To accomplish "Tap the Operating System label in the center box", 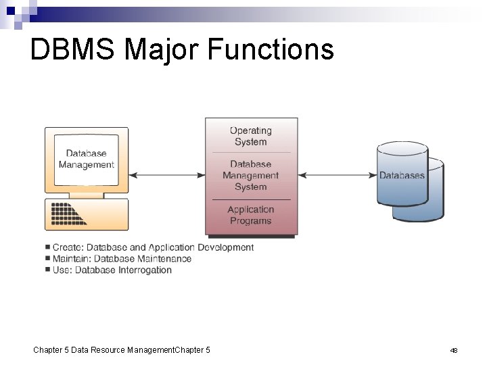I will click(x=250, y=136).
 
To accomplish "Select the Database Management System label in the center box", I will click(x=250, y=175).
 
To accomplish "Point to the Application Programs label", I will click(x=250, y=215).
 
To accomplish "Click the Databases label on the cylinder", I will click(x=402, y=175).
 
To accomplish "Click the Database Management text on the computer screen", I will click(x=87, y=160).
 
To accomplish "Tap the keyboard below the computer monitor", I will click(x=70, y=214).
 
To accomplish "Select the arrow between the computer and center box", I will click(x=166, y=175).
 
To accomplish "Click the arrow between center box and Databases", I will click(x=337, y=175).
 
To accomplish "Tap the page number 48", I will click(x=454, y=350).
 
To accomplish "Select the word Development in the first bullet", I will click(x=225, y=247).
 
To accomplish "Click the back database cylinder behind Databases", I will click(x=433, y=203).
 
